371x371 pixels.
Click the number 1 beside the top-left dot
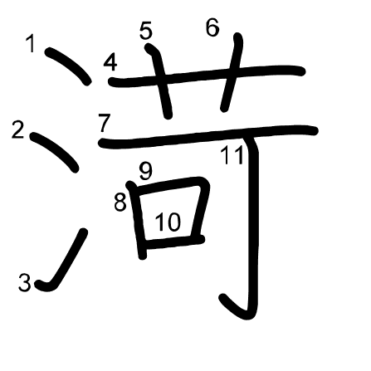(x=31, y=44)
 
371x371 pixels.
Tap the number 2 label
(x=18, y=129)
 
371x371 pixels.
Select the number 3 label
(x=24, y=282)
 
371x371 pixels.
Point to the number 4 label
(x=110, y=62)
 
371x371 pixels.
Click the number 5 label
(x=146, y=30)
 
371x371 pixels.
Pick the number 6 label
(x=212, y=27)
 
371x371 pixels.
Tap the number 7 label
(x=105, y=123)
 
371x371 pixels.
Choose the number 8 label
(x=120, y=203)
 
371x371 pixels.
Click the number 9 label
(x=146, y=171)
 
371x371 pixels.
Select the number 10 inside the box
(x=168, y=222)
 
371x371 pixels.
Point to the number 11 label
(x=232, y=155)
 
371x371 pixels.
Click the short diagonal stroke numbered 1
(x=68, y=66)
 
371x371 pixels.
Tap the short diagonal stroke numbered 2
(x=55, y=151)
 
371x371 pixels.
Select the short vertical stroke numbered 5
(x=161, y=81)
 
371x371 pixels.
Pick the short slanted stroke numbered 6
(x=232, y=72)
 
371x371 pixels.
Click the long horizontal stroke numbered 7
(x=208, y=135)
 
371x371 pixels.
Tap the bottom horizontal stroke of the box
(x=173, y=242)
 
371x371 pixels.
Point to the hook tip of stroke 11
(x=222, y=298)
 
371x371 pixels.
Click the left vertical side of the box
(x=138, y=220)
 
